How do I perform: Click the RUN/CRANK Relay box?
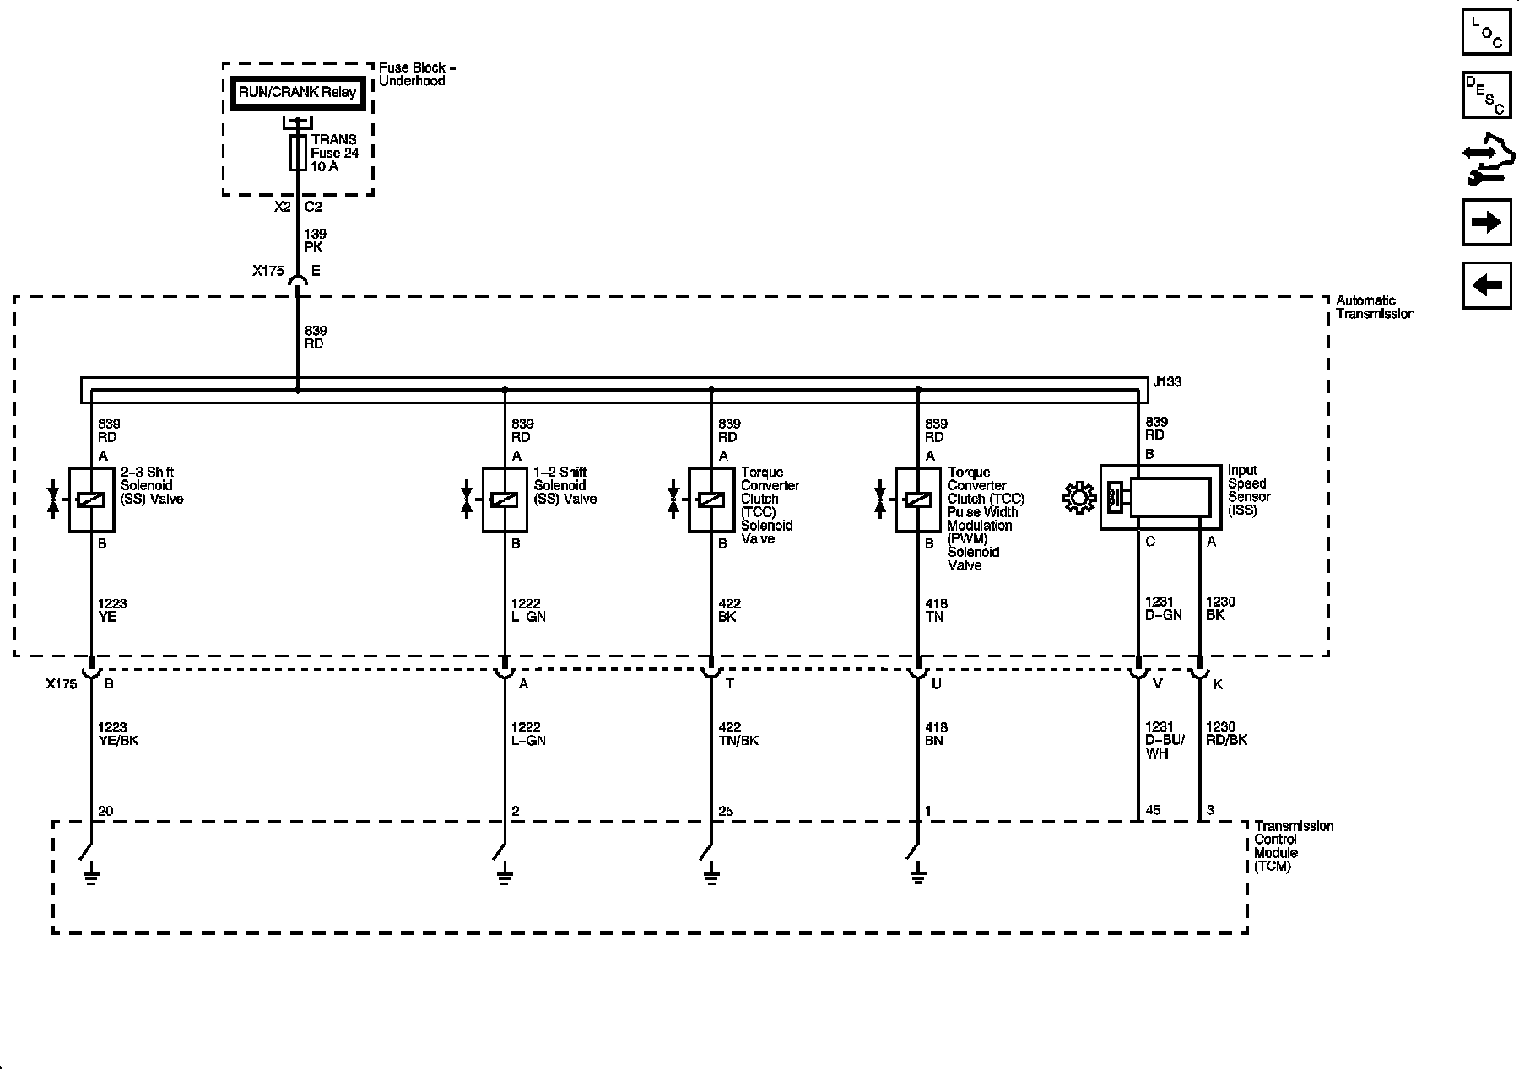pos(297,93)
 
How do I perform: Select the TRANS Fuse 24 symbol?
pos(297,153)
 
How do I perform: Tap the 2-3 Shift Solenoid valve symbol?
pos(90,499)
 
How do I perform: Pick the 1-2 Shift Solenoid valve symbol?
pos(504,499)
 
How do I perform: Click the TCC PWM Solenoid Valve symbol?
pos(917,499)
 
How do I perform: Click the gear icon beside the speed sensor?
pos(1078,498)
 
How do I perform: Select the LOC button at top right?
pos(1486,32)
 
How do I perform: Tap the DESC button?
pos(1486,94)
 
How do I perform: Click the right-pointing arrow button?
pos(1486,223)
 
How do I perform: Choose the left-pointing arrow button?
pos(1486,285)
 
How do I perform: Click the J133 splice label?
pos(1167,382)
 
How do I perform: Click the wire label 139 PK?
pos(315,240)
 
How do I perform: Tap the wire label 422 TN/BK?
pos(738,733)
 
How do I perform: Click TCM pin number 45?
pos(1153,810)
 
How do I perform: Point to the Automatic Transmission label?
pos(1375,307)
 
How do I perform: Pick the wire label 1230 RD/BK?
pos(1226,733)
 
